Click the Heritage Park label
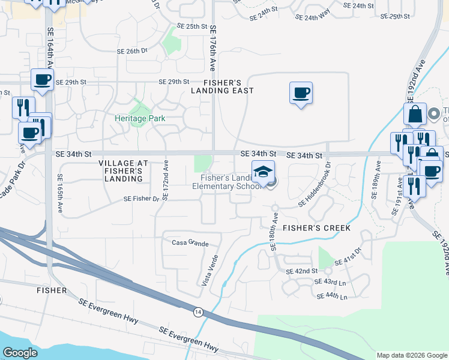click(x=140, y=118)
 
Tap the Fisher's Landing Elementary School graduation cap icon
click(x=263, y=172)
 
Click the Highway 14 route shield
click(x=197, y=311)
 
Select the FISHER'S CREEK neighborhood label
click(x=312, y=229)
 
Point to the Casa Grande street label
click(x=190, y=243)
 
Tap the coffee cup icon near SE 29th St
click(x=43, y=80)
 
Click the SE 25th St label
click(x=192, y=27)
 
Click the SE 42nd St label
click(x=302, y=271)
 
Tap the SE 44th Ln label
click(x=331, y=296)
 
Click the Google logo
click(x=20, y=353)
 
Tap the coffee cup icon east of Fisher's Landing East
click(x=301, y=94)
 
